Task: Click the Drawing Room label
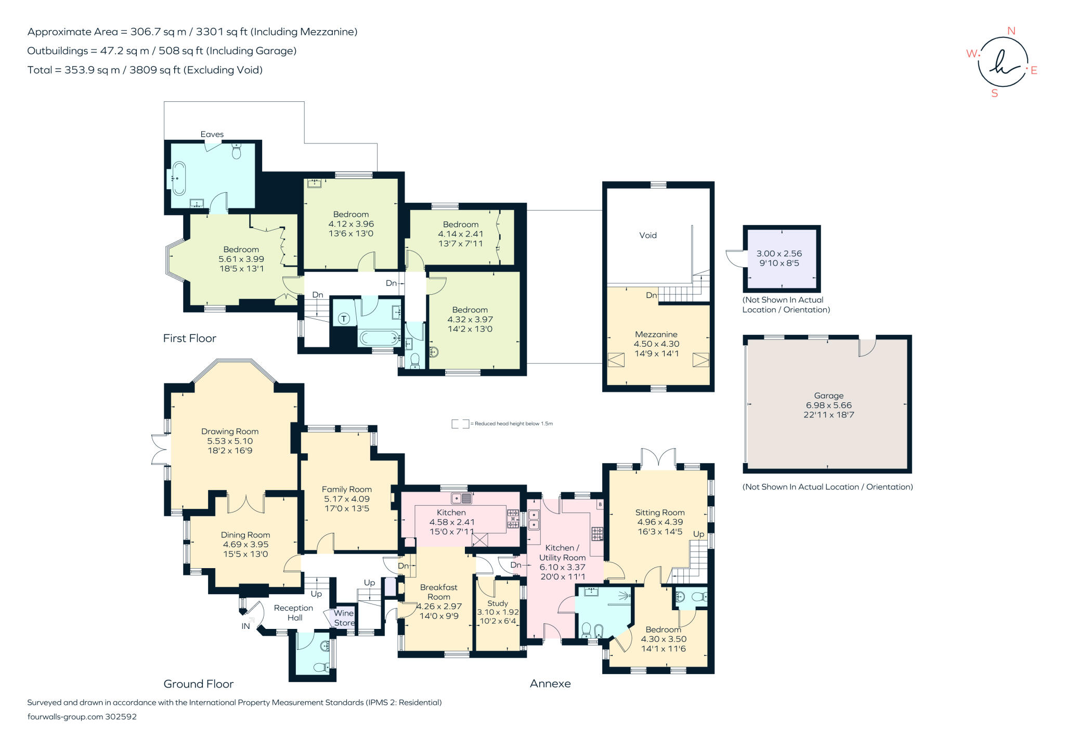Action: [230, 431]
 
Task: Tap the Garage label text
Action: [828, 396]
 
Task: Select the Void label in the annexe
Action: [648, 235]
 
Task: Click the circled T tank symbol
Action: [344, 319]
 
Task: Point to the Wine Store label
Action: [344, 618]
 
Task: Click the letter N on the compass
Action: [1011, 31]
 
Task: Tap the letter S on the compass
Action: [995, 94]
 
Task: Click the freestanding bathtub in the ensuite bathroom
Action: [179, 178]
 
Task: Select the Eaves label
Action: [212, 134]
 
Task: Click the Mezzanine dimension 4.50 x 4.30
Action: [656, 344]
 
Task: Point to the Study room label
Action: [498, 603]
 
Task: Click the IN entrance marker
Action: [245, 626]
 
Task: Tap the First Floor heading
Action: [189, 338]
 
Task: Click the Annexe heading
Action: [550, 684]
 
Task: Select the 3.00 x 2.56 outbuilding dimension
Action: [779, 254]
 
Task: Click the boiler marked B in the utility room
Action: [600, 504]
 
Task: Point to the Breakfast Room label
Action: [439, 592]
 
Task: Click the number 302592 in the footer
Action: [121, 716]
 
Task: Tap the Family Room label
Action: [346, 489]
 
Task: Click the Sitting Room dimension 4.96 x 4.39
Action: [660, 522]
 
